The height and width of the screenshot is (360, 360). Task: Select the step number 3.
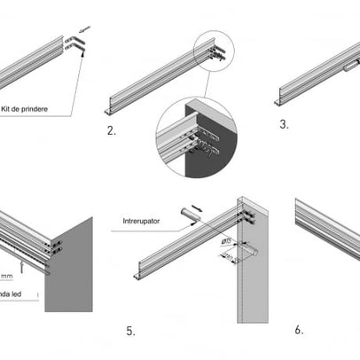(284, 124)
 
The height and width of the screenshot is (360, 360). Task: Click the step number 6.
(299, 329)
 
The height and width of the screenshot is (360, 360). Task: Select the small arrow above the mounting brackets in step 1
(84, 29)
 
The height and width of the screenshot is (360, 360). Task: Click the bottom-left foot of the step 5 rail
(138, 278)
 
